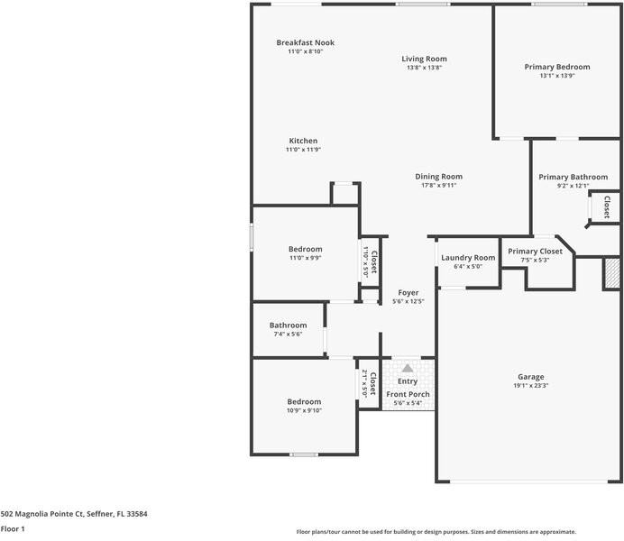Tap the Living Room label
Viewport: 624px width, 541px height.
point(424,59)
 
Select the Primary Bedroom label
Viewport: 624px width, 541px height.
point(557,67)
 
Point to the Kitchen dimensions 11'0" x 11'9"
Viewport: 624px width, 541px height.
point(303,150)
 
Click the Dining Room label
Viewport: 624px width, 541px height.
point(438,176)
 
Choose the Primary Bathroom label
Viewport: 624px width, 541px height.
point(573,177)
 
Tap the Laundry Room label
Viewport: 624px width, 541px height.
point(468,258)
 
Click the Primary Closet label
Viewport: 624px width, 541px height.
point(535,252)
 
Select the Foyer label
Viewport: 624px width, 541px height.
point(408,292)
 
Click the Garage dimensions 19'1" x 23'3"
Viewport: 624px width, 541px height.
point(530,386)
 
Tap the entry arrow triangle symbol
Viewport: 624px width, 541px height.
point(408,368)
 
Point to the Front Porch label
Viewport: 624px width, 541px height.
point(408,394)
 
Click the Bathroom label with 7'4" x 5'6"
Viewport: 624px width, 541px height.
point(288,326)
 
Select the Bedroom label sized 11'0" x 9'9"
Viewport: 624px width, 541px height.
point(305,249)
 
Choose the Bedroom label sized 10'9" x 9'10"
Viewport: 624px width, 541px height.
point(304,401)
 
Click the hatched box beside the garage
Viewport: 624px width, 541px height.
point(612,273)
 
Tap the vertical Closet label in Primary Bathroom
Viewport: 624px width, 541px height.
point(606,206)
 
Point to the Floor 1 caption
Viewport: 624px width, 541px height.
point(13,530)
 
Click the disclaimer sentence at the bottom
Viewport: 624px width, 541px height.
point(436,532)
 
